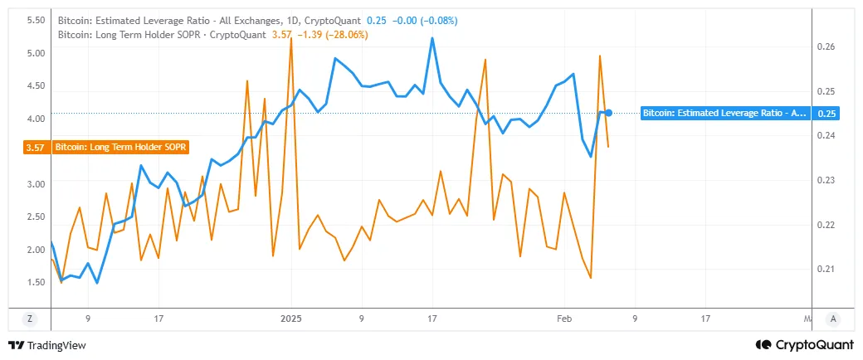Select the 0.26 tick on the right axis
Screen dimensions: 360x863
[826, 47]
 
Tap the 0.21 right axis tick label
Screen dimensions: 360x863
[826, 269]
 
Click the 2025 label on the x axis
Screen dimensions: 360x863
[291, 318]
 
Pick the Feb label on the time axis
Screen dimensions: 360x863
[564, 318]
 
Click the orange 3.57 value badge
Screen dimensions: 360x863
[35, 147]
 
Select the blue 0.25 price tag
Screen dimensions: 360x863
[826, 113]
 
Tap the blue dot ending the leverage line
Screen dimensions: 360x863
[609, 113]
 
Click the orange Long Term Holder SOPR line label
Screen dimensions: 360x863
[121, 147]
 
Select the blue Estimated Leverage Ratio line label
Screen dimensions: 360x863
[724, 113]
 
